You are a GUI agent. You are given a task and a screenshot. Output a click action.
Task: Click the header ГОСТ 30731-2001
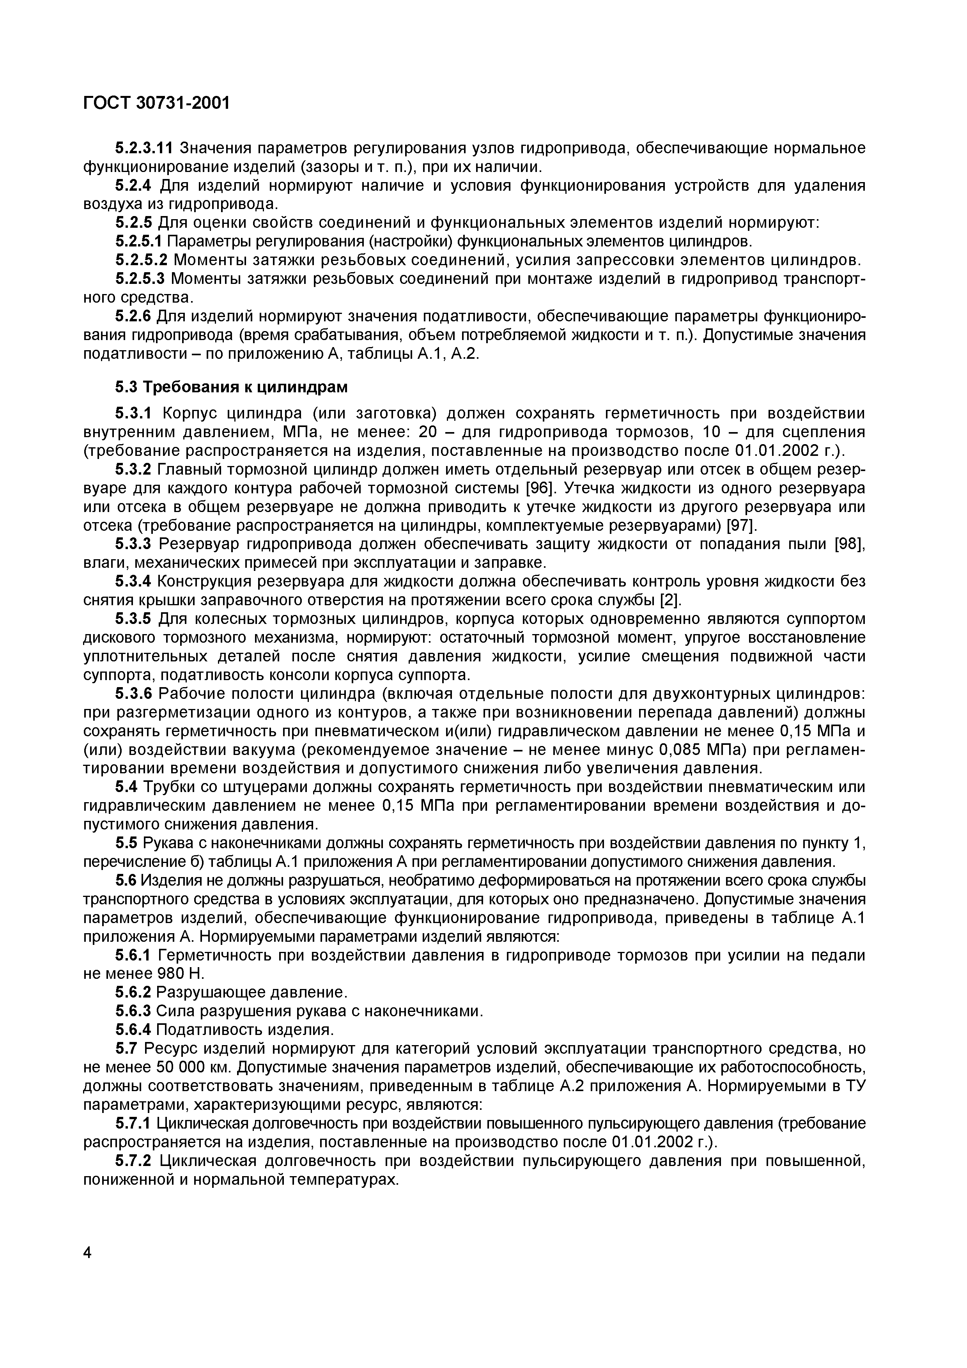tap(156, 103)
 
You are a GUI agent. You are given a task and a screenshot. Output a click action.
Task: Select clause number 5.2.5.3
tap(141, 279)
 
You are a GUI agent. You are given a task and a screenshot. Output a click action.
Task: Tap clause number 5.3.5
tap(133, 619)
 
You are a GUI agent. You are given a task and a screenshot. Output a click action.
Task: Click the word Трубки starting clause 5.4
tap(168, 787)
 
